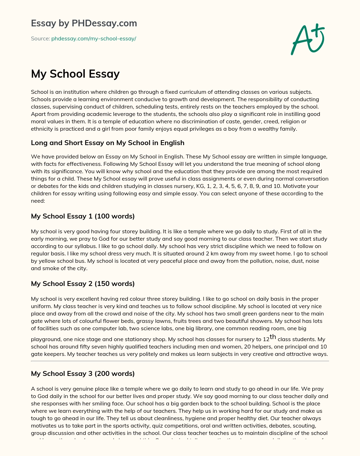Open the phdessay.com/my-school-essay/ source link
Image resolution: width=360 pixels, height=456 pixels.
(x=94, y=39)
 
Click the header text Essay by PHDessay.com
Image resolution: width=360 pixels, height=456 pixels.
(x=84, y=23)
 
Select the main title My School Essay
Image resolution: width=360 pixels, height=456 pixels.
(x=75, y=74)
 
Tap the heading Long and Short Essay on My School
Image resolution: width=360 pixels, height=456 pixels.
(x=108, y=143)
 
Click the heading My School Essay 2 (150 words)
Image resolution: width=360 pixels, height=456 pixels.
(x=83, y=284)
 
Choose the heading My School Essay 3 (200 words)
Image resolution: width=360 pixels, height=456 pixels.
(x=83, y=373)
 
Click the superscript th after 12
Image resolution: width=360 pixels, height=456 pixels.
(x=273, y=337)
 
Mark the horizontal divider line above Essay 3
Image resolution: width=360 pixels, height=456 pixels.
(x=180, y=361)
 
